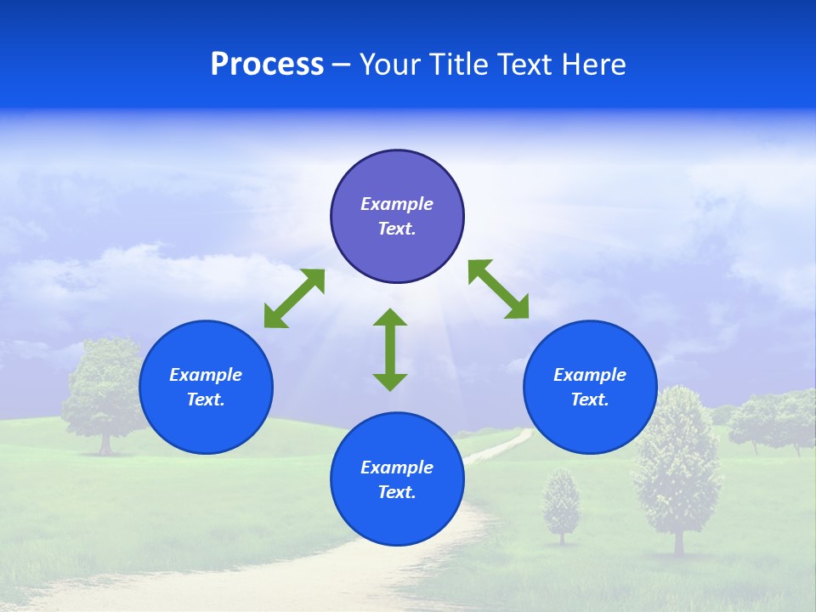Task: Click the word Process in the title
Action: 267,65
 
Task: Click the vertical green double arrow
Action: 390,349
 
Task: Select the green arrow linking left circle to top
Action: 294,297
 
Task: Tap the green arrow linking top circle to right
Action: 499,289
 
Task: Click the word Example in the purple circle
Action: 397,204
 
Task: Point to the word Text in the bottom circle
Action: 397,492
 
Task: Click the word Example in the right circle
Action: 590,375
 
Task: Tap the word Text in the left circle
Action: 206,399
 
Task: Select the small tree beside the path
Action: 561,503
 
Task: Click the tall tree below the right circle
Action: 677,463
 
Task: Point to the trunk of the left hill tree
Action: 105,444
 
